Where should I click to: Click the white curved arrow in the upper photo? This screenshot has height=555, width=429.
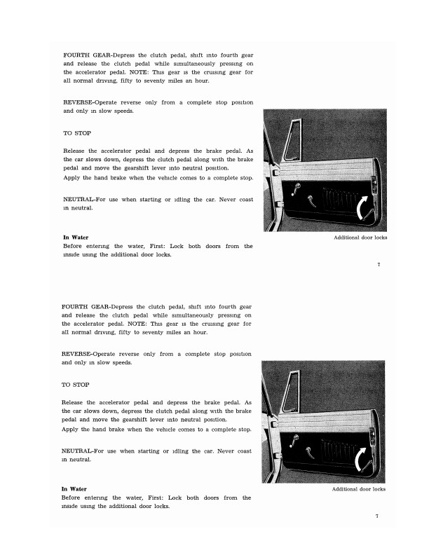point(365,209)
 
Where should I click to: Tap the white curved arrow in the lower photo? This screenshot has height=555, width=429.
point(365,460)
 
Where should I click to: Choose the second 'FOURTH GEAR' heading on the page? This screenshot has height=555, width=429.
point(86,307)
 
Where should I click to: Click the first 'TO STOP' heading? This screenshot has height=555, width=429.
point(77,132)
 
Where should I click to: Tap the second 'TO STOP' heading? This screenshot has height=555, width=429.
point(76,385)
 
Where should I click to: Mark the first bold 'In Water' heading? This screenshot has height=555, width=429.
point(76,238)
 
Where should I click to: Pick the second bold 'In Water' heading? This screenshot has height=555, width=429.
point(74,488)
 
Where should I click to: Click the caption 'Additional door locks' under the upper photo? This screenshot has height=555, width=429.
point(360,238)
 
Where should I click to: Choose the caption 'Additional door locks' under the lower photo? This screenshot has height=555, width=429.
point(358,489)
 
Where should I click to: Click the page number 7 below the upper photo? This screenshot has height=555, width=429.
point(378,265)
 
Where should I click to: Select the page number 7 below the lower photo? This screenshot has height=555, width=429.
point(376,516)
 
